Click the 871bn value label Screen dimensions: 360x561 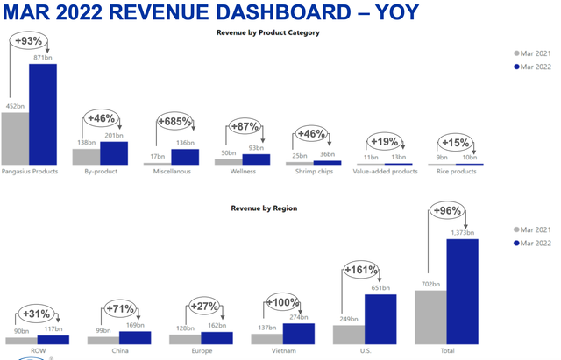[x=43, y=57]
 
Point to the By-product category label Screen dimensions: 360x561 [x=100, y=172]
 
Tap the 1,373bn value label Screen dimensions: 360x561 [x=463, y=232]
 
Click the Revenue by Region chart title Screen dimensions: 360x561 [x=264, y=208]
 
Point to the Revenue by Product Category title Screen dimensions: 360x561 [x=267, y=32]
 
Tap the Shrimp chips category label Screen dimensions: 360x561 [x=313, y=172]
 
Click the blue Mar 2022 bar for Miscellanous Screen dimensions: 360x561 [x=185, y=157]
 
